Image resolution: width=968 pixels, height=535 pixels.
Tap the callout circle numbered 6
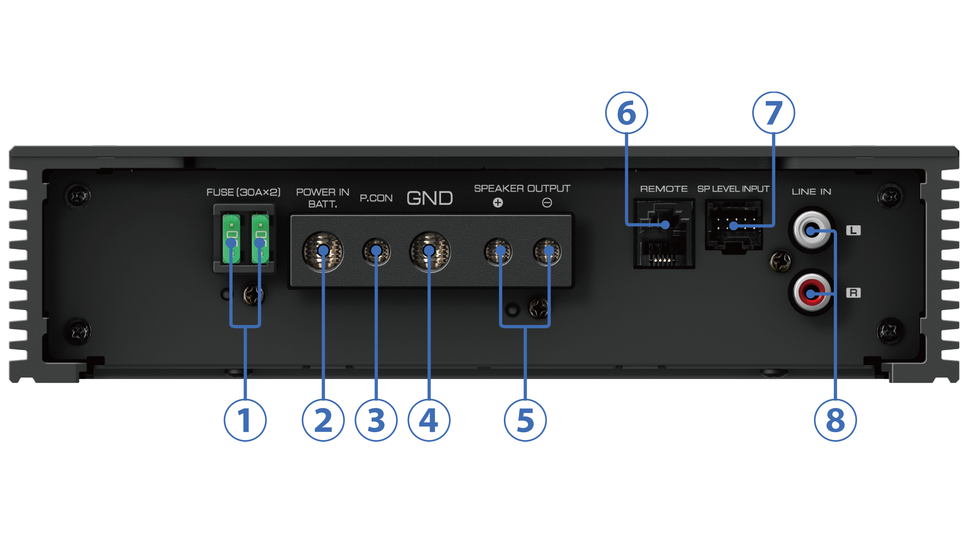click(x=626, y=112)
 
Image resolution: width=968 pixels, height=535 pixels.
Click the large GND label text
click(x=430, y=198)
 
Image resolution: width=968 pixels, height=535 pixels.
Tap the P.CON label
click(x=376, y=198)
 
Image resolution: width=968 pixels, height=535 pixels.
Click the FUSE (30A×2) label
click(x=244, y=192)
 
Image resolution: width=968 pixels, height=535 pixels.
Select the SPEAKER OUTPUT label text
click(x=522, y=189)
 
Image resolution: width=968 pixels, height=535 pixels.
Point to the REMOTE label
click(x=664, y=189)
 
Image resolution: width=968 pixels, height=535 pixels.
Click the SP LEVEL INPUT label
click(x=733, y=189)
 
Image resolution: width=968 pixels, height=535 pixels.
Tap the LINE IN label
click(x=811, y=192)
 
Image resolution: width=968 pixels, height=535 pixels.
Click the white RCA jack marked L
click(x=811, y=230)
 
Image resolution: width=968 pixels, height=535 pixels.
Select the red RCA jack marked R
click(x=811, y=293)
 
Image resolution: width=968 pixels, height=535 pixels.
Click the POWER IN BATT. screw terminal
click(x=323, y=251)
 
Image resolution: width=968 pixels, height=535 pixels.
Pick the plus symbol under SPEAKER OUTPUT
click(x=498, y=203)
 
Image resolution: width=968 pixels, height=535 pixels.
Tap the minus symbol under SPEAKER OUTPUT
click(x=547, y=203)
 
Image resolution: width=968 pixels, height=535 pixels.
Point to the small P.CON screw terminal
click(x=376, y=251)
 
